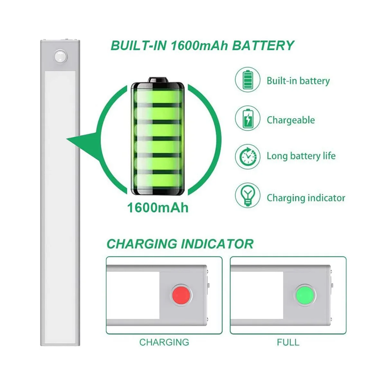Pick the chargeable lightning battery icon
(247, 119)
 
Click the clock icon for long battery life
(247, 157)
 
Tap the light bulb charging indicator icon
(247, 195)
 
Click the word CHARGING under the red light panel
(164, 342)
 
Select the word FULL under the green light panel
(288, 342)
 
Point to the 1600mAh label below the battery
(158, 207)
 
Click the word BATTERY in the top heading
(263, 45)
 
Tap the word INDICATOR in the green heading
(217, 244)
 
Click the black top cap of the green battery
(158, 80)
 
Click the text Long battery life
(301, 156)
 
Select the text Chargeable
(291, 120)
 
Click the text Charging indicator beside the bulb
(306, 198)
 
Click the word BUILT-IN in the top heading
(138, 45)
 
